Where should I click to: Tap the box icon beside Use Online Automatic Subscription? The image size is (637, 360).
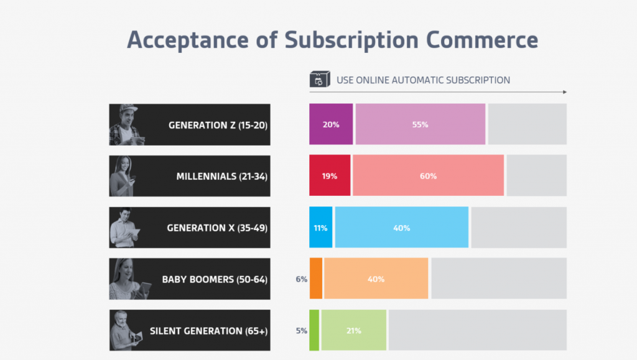[318, 80]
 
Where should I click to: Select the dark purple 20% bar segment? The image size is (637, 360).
[331, 124]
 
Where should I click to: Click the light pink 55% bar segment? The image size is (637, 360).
[420, 124]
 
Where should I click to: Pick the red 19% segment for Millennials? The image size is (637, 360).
[330, 176]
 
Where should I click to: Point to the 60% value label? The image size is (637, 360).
[428, 176]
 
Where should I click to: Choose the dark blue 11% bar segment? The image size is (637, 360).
[321, 228]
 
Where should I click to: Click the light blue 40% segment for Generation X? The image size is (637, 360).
[401, 228]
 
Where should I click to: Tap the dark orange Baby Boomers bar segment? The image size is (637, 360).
[316, 279]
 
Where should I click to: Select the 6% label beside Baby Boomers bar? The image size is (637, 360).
[302, 279]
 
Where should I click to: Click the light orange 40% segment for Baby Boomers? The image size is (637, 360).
[376, 279]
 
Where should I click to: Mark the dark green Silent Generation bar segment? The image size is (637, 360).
[314, 330]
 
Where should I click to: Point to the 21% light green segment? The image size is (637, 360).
[353, 330]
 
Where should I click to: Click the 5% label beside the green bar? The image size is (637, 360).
[302, 331]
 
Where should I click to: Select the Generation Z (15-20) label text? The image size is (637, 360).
[217, 125]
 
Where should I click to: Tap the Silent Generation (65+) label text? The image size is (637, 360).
[208, 331]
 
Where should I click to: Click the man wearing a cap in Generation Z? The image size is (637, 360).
[127, 124]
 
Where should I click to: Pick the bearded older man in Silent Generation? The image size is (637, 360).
[124, 330]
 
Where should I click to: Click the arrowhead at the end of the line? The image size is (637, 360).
[564, 92]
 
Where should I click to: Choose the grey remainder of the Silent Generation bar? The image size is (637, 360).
[478, 330]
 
